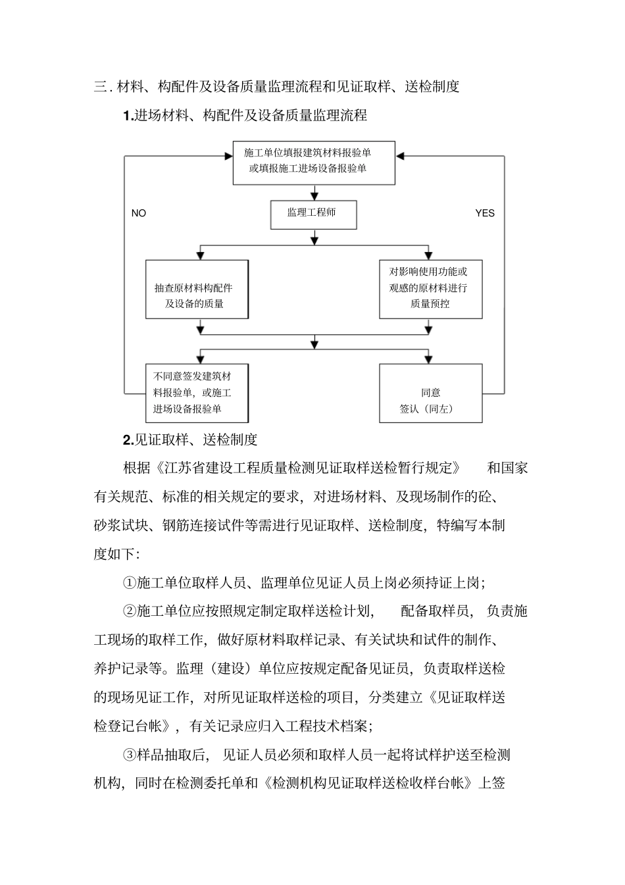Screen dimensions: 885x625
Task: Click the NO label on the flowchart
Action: point(139,213)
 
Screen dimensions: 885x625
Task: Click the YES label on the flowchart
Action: point(485,213)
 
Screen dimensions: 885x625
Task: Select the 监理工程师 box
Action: point(314,215)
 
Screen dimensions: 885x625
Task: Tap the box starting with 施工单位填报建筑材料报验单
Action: point(314,162)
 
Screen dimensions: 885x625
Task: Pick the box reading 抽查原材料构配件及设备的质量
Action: point(197,290)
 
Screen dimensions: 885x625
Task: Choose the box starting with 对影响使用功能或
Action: point(430,290)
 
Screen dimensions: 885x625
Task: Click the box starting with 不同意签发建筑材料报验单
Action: point(197,393)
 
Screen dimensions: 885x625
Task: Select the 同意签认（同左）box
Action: point(430,393)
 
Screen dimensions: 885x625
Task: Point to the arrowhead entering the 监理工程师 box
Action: point(314,196)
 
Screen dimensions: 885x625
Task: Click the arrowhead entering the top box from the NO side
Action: point(228,156)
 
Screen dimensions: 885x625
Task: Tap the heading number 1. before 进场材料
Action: point(128,116)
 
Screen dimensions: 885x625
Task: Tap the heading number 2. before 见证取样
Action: point(128,440)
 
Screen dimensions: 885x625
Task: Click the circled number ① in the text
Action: point(129,582)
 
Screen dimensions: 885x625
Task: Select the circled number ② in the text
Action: point(129,611)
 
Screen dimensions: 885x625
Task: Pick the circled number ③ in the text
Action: point(129,754)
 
